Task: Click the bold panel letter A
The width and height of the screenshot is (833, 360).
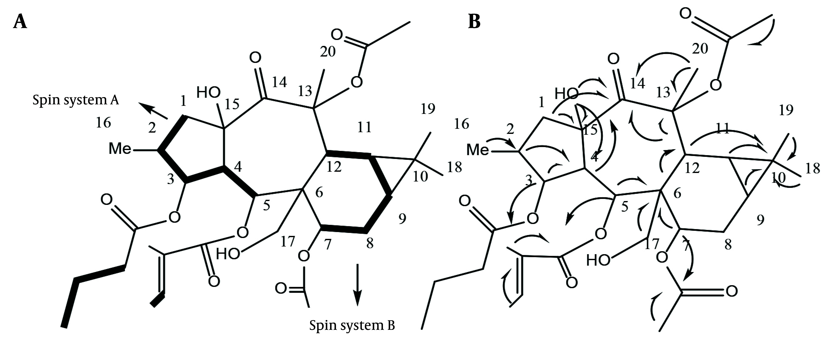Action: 20,23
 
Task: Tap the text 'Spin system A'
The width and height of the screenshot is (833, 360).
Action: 76,100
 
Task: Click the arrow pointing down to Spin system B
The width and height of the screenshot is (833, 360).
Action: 357,285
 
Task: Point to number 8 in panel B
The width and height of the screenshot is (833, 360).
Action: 728,245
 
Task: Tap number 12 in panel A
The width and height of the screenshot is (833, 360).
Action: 334,167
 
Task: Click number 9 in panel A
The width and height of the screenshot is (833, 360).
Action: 402,219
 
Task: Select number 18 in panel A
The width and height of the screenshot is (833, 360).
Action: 454,167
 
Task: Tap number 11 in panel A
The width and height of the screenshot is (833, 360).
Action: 364,128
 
